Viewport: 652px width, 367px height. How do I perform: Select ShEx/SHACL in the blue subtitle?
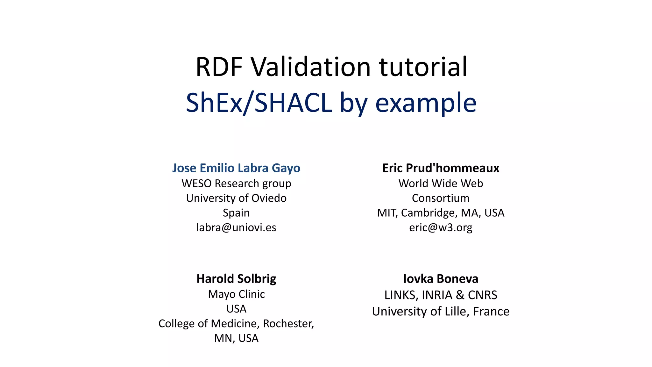(x=259, y=103)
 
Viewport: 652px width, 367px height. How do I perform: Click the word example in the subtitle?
(x=426, y=103)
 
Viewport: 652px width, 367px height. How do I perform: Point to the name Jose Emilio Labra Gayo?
(x=236, y=168)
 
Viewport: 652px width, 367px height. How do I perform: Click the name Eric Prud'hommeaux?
(x=441, y=168)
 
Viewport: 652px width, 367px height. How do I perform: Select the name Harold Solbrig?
(x=236, y=279)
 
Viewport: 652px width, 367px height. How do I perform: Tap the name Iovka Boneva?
(x=441, y=279)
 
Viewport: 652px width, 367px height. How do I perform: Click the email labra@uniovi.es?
(x=236, y=227)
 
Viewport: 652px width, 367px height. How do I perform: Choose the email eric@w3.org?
(x=441, y=227)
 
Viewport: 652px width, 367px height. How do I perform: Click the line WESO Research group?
(x=236, y=183)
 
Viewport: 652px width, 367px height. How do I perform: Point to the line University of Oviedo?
(x=236, y=198)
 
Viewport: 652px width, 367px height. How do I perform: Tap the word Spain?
(x=236, y=213)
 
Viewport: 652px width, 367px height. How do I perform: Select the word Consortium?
(x=441, y=198)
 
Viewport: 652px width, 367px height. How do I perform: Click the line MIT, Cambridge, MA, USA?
(x=441, y=213)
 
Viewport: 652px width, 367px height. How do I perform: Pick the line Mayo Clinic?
(x=236, y=294)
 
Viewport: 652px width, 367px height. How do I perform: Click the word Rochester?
(x=288, y=323)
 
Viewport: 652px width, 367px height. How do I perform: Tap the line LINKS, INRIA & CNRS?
(x=441, y=295)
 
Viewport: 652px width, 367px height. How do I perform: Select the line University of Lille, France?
(x=441, y=311)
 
